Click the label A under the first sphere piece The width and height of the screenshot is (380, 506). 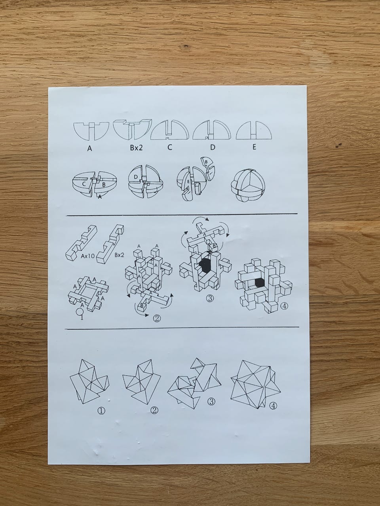(89, 149)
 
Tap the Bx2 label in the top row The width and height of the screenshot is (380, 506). (136, 147)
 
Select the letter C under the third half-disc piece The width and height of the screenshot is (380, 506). (169, 147)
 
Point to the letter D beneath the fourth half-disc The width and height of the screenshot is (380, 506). (213, 147)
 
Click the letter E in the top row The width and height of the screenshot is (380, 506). (254, 147)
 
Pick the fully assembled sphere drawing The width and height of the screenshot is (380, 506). (248, 184)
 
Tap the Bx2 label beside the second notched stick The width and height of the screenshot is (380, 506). (119, 255)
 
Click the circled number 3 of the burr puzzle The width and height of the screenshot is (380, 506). (210, 298)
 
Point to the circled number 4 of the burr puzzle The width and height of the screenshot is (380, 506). (284, 306)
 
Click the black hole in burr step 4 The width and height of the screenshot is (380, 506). (260, 283)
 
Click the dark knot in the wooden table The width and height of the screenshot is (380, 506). (186, 47)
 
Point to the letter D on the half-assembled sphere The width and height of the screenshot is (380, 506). (136, 177)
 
